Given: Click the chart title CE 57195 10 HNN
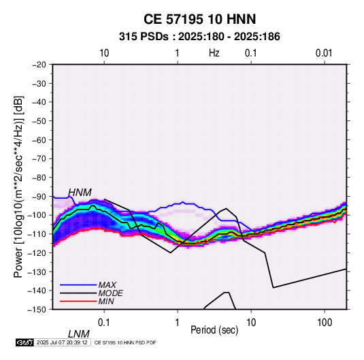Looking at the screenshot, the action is tap(199, 19).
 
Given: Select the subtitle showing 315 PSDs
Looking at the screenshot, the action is tap(199, 37).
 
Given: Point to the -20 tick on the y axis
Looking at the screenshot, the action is tap(39, 65).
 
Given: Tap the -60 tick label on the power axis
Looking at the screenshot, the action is tap(39, 140).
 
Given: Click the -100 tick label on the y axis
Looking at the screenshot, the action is tap(37, 215).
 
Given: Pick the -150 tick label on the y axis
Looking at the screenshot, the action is tap(37, 310).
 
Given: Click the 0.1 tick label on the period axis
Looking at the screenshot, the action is tap(103, 323).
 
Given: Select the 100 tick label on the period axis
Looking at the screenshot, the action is tap(325, 323).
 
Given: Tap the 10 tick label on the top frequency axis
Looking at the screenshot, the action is tap(104, 53).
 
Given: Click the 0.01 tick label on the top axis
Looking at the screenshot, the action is tap(324, 53).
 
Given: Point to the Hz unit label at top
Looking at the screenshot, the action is tap(214, 53).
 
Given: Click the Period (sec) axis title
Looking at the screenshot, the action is tap(214, 330).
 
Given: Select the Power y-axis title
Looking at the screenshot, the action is tap(18, 186).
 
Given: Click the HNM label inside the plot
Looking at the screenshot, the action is tap(80, 193).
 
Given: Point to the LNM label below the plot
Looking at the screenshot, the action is tap(79, 334).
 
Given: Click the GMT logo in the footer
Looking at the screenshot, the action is tap(24, 342).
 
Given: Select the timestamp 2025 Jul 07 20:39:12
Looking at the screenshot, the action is tap(62, 342).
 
